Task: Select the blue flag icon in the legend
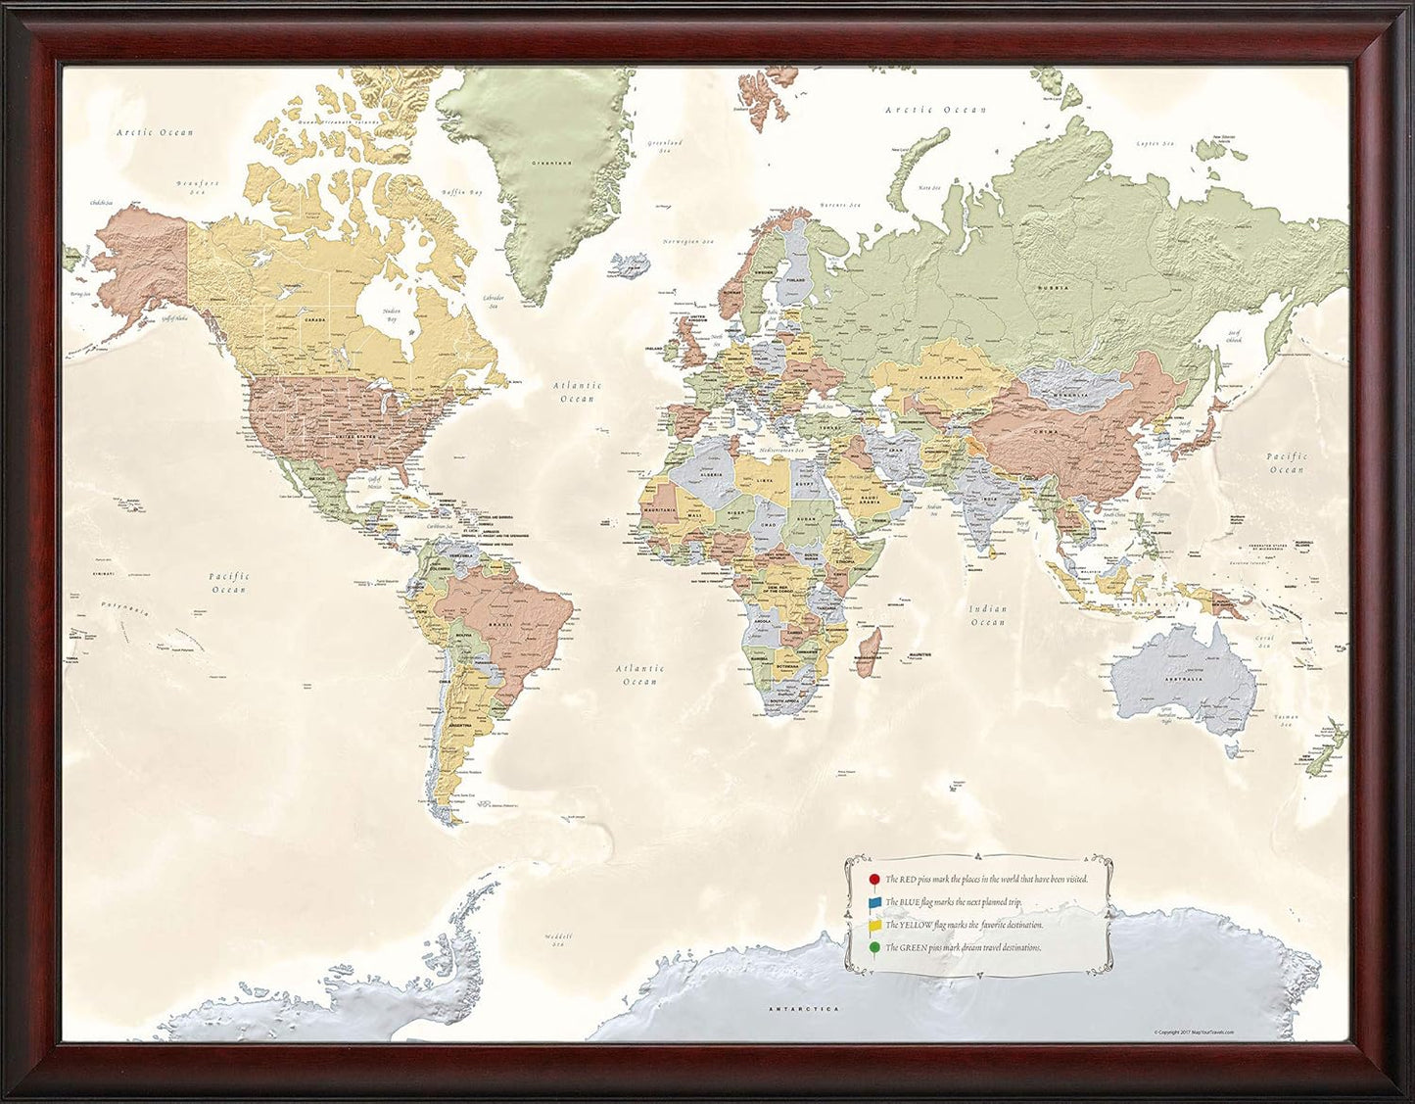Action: (874, 902)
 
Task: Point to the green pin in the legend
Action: (873, 948)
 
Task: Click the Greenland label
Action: (551, 163)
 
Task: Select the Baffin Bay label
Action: (461, 193)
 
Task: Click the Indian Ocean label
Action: (988, 615)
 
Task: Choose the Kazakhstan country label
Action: (938, 378)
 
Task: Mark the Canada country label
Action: (314, 319)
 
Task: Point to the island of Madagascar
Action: (869, 651)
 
